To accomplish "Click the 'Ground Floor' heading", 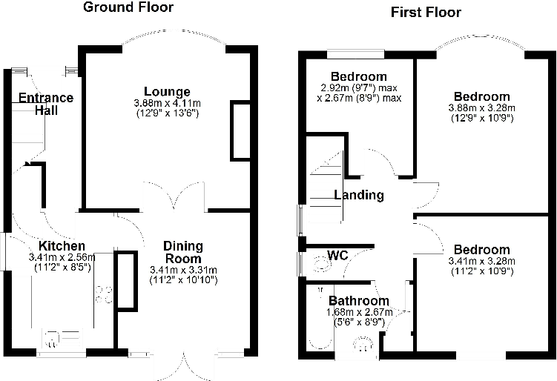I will pos(128,8).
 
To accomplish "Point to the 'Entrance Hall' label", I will pos(46,104).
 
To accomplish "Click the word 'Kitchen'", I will pos(62,246).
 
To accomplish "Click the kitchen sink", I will pos(61,339).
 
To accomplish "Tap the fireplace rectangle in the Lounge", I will pos(240,131).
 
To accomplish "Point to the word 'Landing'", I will pos(359,196).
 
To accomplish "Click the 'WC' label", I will pos(338,256).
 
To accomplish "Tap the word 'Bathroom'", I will pos(359,301).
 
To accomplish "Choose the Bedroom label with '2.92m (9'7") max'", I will pos(359,76).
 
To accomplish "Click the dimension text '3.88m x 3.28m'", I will pos(481,107).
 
